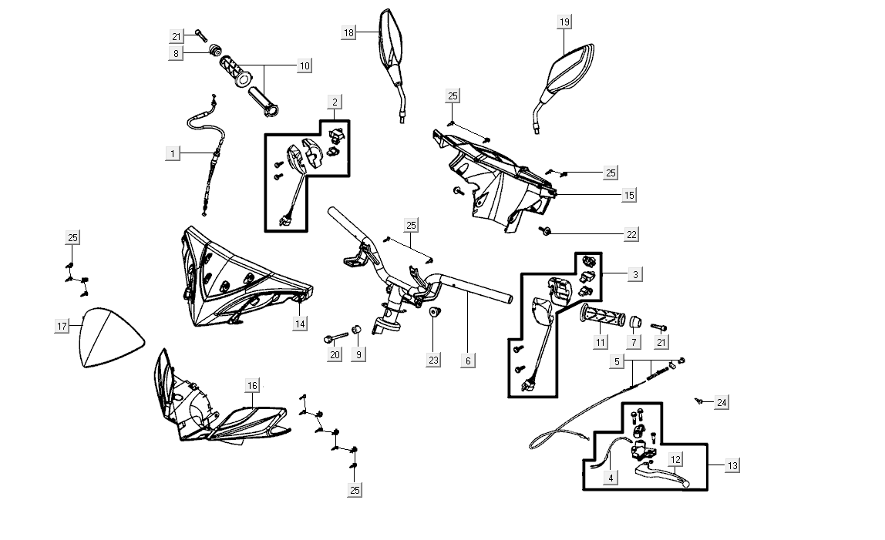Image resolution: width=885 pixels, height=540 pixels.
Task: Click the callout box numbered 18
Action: coord(349,32)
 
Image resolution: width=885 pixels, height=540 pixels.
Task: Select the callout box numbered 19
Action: coord(564,22)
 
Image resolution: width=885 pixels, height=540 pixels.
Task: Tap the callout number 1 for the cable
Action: coord(173,153)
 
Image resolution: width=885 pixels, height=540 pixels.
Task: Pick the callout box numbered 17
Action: coord(62,326)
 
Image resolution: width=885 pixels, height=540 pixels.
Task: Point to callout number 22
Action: coord(631,233)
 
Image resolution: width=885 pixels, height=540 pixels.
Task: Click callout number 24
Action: coord(721,402)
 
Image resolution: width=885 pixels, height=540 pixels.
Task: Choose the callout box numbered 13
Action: coord(732,465)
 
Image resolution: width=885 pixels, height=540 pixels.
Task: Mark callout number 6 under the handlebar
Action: coord(468,360)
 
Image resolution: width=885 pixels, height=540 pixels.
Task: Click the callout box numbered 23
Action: coord(433,360)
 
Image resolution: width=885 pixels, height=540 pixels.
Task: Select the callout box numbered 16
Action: coord(252,385)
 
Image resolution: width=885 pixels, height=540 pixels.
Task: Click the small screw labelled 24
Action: coord(698,401)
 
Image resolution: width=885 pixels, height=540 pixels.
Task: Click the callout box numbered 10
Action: coord(305,66)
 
